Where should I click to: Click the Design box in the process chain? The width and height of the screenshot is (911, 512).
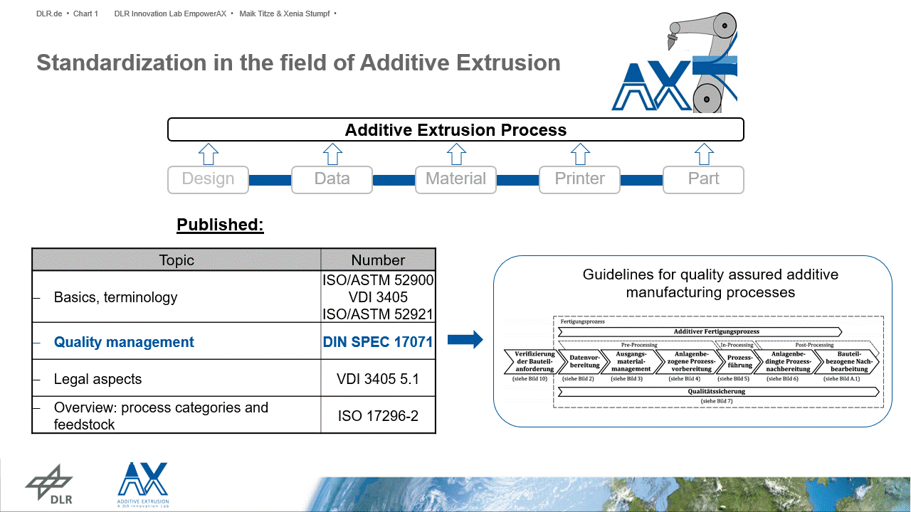(208, 179)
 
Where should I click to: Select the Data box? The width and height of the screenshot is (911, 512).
(332, 179)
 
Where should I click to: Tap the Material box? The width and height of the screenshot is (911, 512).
(455, 179)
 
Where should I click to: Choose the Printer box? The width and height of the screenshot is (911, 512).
(579, 179)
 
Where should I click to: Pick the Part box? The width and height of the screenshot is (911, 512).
(703, 179)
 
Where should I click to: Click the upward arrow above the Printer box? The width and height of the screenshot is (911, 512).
(580, 154)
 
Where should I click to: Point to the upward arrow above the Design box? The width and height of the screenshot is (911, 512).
(208, 154)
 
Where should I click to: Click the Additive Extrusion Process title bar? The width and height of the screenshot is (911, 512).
(455, 130)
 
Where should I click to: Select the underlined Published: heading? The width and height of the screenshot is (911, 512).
(220, 225)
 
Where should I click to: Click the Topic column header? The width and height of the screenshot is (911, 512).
(177, 260)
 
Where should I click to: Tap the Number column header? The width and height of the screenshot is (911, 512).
(378, 260)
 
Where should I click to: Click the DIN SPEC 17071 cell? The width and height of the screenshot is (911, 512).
(378, 342)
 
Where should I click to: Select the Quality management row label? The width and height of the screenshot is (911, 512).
(124, 342)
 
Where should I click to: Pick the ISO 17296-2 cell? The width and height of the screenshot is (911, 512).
(378, 416)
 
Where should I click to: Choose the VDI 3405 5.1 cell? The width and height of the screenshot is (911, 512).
(378, 380)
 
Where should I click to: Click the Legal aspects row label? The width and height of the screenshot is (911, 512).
(98, 380)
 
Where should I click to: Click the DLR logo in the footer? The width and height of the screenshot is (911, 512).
(49, 485)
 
